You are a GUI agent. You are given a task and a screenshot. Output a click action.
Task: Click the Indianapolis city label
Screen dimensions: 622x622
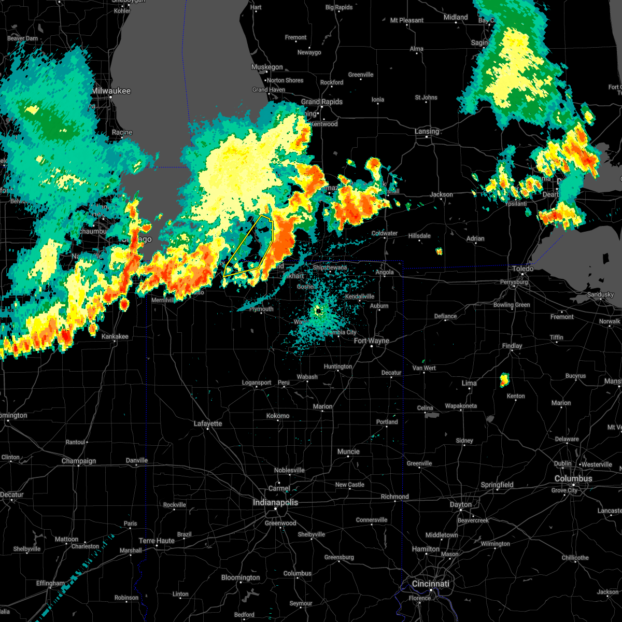click(275, 502)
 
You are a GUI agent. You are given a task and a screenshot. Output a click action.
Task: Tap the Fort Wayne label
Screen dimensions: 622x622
click(372, 341)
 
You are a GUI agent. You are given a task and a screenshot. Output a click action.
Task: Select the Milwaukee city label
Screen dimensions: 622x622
click(111, 91)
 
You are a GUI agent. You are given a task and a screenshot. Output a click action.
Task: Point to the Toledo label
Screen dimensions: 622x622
click(522, 268)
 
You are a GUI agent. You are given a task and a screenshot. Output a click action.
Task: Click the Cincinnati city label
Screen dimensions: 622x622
click(431, 584)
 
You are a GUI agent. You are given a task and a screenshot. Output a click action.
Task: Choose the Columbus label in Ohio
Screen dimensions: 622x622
click(573, 478)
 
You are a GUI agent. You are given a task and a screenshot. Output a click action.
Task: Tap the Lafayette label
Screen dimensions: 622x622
click(208, 423)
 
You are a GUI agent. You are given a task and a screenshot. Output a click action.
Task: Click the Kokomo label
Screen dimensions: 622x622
click(278, 416)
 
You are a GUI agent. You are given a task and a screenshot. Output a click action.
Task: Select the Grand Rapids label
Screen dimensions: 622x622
click(321, 102)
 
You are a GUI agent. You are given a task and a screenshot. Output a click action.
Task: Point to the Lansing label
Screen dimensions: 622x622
click(427, 131)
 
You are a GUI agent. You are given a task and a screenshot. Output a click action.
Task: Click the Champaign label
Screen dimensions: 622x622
click(79, 461)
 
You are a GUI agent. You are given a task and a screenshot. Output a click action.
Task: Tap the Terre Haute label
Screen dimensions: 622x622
click(157, 541)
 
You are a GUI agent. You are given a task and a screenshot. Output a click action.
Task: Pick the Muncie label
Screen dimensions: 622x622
click(348, 451)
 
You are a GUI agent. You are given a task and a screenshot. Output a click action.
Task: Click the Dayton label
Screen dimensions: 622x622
click(461, 504)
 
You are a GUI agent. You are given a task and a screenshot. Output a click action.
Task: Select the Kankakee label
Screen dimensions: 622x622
click(115, 336)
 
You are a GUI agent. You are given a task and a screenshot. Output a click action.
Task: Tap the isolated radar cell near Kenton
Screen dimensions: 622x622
click(504, 380)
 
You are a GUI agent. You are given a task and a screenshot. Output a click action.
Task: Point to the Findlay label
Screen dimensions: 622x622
click(512, 346)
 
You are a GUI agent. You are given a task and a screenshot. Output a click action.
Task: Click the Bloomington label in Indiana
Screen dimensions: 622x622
click(241, 577)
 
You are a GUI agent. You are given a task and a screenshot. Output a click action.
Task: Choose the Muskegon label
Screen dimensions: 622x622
click(267, 67)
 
